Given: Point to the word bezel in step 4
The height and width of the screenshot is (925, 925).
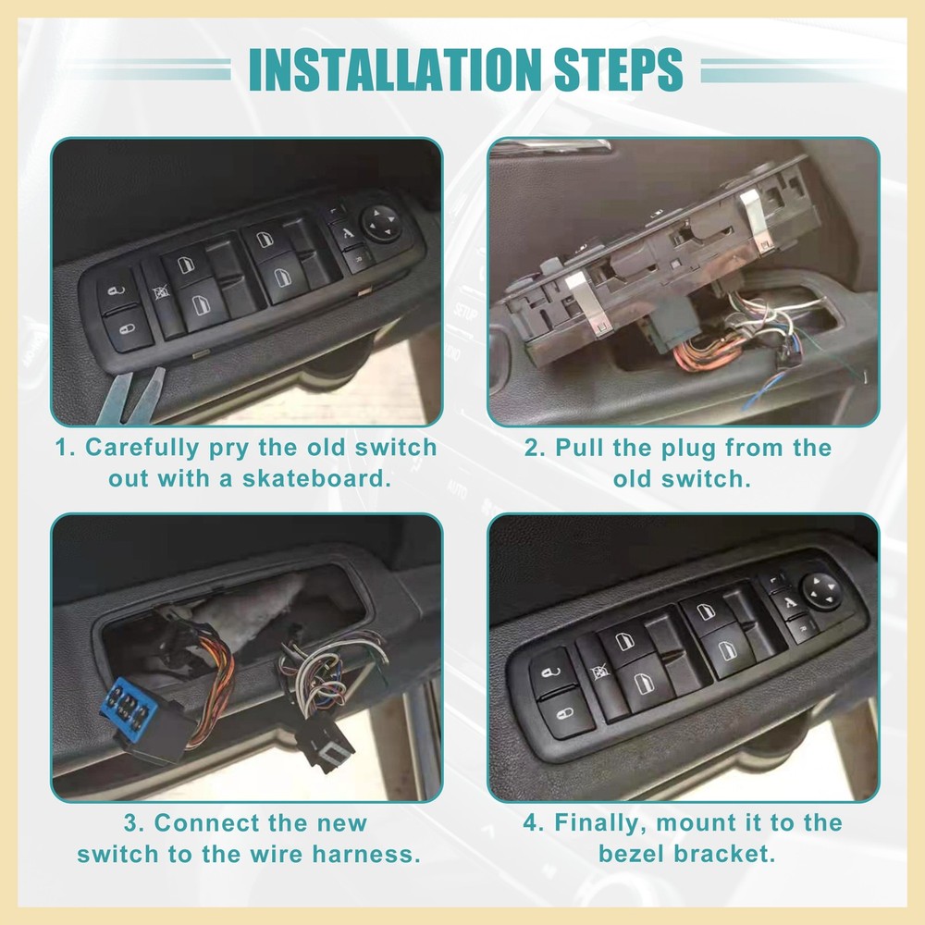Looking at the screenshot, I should [633, 852].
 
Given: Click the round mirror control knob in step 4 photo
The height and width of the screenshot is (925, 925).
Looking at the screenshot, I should [820, 587].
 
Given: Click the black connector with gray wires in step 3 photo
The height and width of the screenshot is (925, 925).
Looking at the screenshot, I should [324, 736].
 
